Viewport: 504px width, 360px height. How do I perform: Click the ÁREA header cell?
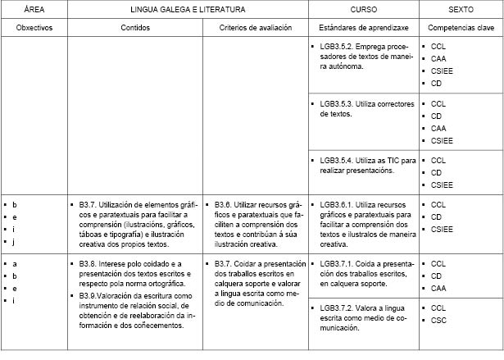click(34, 10)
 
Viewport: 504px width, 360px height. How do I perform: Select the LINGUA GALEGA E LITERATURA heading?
click(188, 10)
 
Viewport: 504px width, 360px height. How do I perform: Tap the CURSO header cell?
click(364, 10)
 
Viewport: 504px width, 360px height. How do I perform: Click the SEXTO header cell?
click(460, 10)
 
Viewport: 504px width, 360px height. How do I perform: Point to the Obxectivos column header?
click(34, 28)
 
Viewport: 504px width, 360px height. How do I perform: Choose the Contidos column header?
click(134, 28)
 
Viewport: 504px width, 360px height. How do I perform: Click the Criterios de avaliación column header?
click(256, 28)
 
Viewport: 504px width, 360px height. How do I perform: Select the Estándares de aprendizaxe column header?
click(364, 28)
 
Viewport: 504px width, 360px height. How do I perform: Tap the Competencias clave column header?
click(460, 28)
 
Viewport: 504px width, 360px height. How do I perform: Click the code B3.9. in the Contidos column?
click(90, 294)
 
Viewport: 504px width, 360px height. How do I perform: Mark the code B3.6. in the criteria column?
click(226, 204)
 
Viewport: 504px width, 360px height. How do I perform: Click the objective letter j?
click(14, 242)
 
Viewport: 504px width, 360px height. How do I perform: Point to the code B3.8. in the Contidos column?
click(90, 263)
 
